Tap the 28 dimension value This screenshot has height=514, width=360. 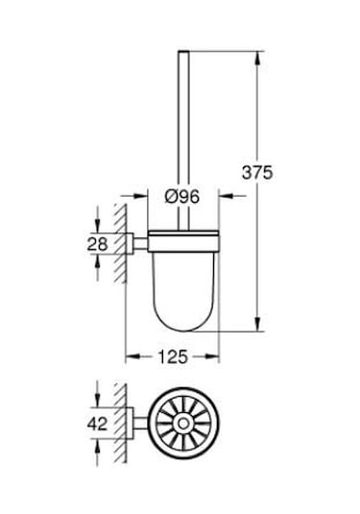tap(96, 244)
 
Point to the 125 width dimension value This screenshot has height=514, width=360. tap(173, 356)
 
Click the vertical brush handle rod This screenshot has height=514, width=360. tap(180, 125)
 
